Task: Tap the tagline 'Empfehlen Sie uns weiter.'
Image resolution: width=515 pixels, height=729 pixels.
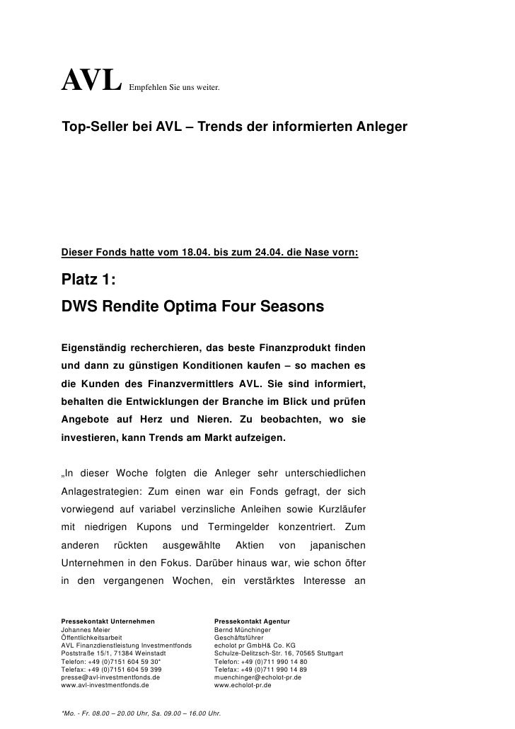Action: (x=174, y=89)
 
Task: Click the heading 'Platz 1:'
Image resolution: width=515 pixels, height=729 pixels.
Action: (x=88, y=280)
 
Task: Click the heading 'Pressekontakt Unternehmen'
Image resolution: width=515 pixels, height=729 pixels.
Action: (x=108, y=621)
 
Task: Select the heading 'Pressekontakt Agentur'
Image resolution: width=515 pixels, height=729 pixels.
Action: (x=252, y=621)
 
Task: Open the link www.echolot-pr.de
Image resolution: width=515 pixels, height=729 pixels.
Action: (x=243, y=685)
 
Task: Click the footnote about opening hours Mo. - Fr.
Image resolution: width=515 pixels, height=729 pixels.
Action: (x=141, y=713)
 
